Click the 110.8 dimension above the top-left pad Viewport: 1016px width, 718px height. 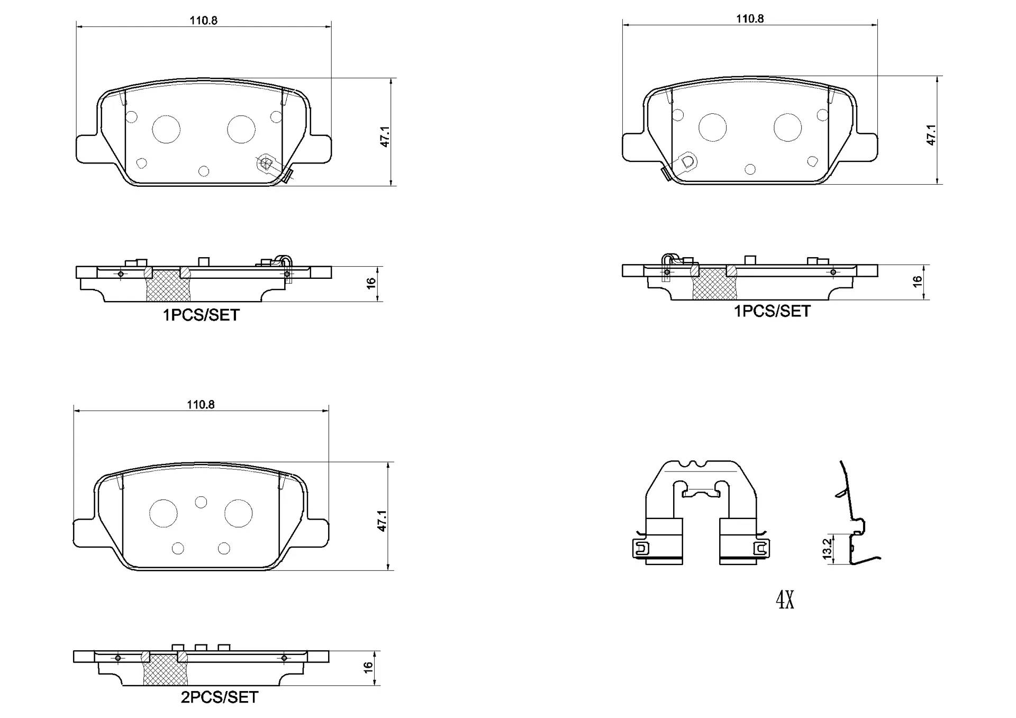click(204, 21)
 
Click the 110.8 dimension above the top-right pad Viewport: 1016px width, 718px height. click(750, 19)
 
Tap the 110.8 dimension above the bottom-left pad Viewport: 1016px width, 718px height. click(201, 405)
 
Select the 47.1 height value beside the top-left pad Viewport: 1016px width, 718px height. click(385, 137)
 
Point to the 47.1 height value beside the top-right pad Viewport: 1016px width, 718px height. click(931, 135)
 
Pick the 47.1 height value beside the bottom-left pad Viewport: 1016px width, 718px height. click(382, 521)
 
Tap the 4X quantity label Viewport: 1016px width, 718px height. click(785, 600)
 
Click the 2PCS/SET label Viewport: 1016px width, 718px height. click(220, 697)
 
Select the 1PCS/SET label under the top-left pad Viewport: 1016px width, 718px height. click(201, 315)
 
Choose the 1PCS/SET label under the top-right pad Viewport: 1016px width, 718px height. click(772, 311)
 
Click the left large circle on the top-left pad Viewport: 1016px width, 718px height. click(166, 129)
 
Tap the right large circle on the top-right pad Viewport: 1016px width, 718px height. click(787, 128)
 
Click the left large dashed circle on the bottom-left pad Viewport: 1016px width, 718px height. click(163, 513)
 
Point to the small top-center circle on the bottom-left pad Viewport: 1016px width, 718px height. click(201, 502)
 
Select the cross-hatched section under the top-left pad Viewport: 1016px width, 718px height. click(168, 286)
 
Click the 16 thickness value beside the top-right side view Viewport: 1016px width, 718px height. click(918, 281)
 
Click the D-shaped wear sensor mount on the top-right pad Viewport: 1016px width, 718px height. click(687, 161)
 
